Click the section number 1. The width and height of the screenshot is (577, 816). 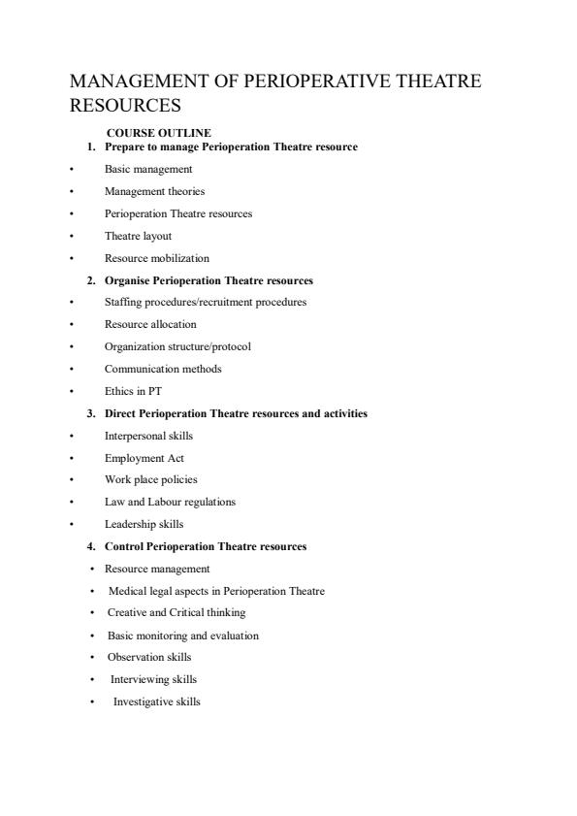(x=90, y=147)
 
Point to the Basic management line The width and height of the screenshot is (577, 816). (x=148, y=169)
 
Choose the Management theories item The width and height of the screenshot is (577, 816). (x=154, y=191)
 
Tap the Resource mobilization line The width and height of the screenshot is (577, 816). (x=156, y=258)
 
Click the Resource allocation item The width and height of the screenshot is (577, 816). (x=150, y=324)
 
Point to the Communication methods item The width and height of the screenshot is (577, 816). (x=163, y=369)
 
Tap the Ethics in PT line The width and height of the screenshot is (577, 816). (x=133, y=391)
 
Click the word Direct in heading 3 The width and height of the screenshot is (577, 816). (x=119, y=413)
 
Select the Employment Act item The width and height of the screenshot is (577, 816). (x=144, y=457)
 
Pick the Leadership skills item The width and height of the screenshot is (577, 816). (x=144, y=524)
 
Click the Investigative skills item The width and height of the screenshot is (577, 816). (x=157, y=702)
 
